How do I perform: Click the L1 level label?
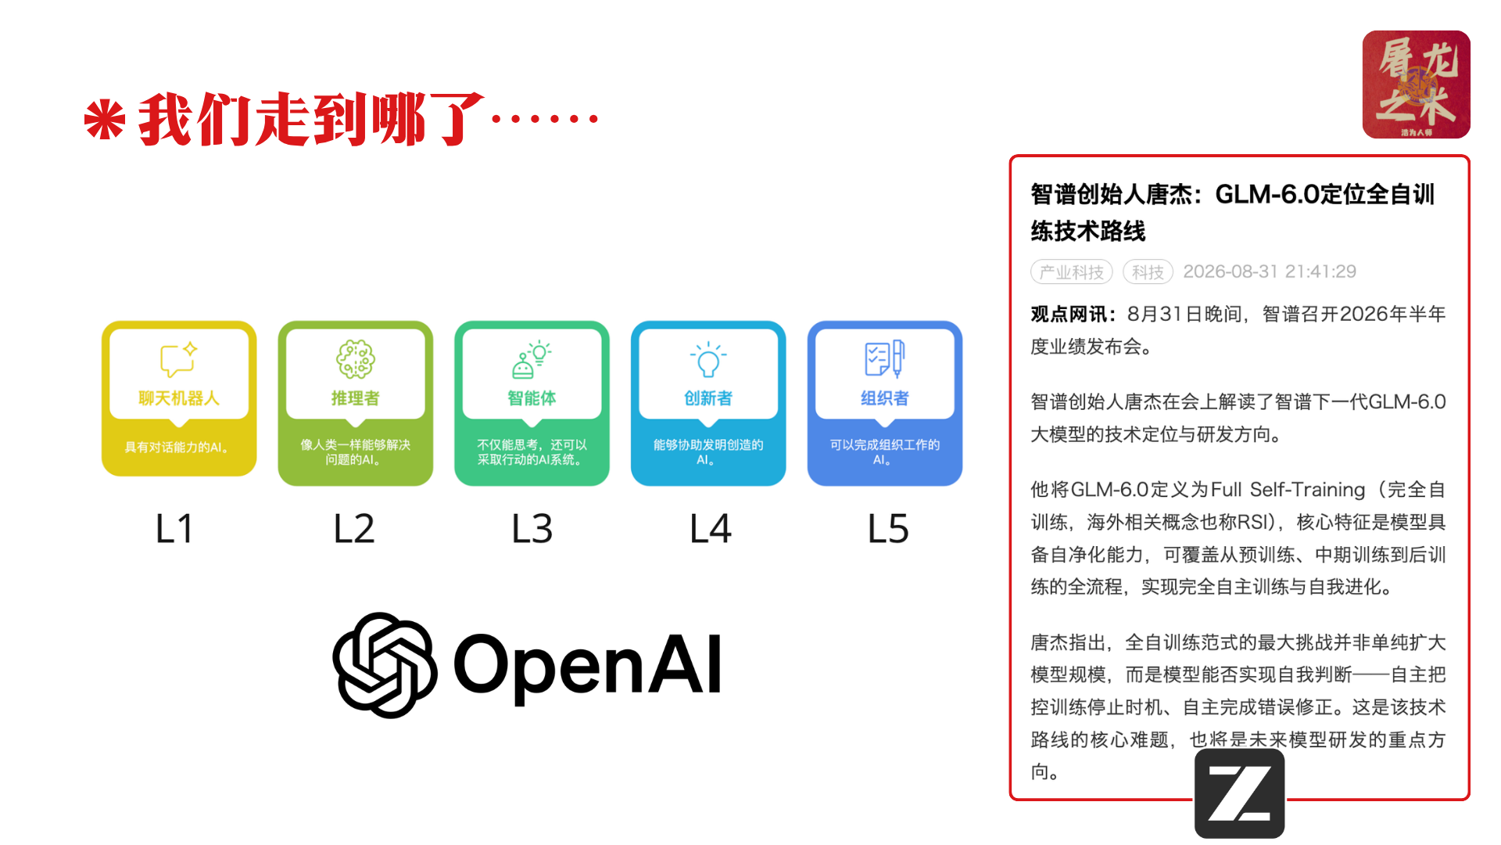(x=174, y=529)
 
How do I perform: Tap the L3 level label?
(x=532, y=529)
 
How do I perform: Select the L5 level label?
(x=888, y=529)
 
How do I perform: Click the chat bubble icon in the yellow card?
(x=178, y=359)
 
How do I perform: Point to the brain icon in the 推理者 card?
(x=356, y=359)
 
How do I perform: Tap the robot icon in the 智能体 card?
(x=532, y=360)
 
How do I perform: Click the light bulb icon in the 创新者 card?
(x=708, y=360)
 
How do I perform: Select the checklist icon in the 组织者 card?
(x=885, y=359)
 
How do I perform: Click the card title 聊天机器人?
(x=179, y=398)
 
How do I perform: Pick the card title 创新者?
(x=708, y=398)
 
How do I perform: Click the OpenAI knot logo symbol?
(x=385, y=665)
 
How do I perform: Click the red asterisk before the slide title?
(x=105, y=120)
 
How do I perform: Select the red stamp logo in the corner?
(x=1416, y=84)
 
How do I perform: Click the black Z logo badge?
(x=1239, y=793)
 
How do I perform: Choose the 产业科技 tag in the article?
(x=1072, y=271)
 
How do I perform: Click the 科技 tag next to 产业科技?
(x=1148, y=271)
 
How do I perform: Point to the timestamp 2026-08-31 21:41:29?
(x=1270, y=271)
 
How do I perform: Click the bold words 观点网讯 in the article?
(x=1069, y=314)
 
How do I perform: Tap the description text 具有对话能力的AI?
(x=177, y=448)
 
